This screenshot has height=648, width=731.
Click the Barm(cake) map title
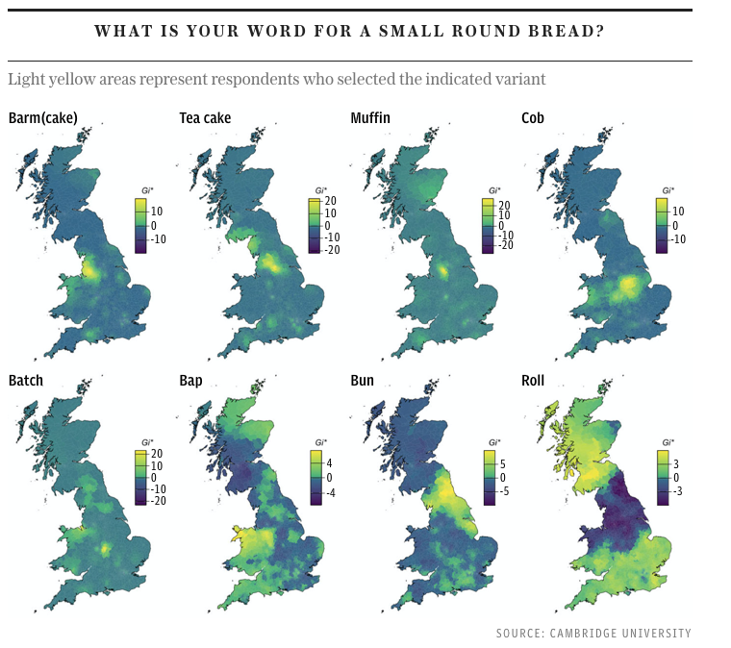[x=42, y=118]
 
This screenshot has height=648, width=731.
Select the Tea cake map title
[x=205, y=118]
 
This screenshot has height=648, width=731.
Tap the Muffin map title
[x=370, y=118]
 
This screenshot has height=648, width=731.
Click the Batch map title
[x=26, y=381]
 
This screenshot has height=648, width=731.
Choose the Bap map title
[x=190, y=381]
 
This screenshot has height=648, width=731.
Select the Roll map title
[x=533, y=381]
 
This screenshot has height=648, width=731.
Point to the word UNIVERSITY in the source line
[x=657, y=633]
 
